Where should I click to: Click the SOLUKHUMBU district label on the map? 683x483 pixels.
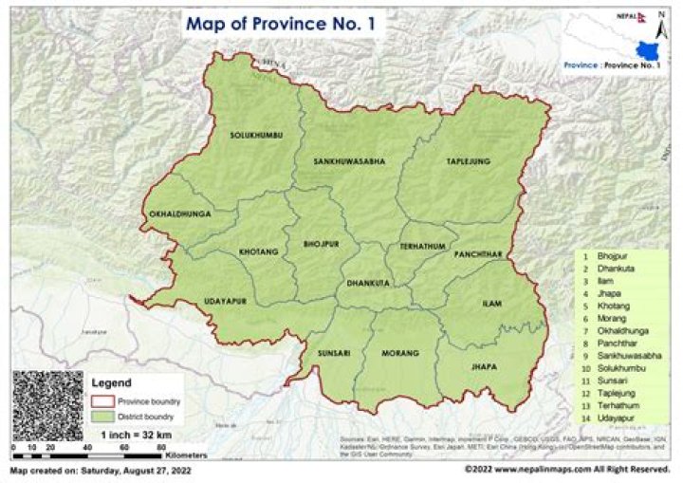pos(256,136)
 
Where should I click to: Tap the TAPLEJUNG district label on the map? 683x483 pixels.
pos(469,162)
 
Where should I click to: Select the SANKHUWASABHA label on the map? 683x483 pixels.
pos(349,162)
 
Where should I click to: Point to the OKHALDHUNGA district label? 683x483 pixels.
pos(179,214)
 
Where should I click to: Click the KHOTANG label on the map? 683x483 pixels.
pos(259,252)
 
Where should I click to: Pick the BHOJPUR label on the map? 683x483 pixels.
pos(322,244)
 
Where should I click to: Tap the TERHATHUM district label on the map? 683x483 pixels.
pos(422,246)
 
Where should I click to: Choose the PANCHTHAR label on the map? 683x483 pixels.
pos(478,255)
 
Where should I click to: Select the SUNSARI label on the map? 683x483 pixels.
pos(334,353)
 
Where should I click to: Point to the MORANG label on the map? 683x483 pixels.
pos(399,353)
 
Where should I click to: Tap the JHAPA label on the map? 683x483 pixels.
pos(483,365)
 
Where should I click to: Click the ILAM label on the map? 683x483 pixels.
pos(491,303)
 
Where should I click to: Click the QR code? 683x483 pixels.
pos(47,405)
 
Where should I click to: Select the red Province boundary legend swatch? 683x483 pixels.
pos(102,401)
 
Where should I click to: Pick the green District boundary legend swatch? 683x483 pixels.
pos(102,416)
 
